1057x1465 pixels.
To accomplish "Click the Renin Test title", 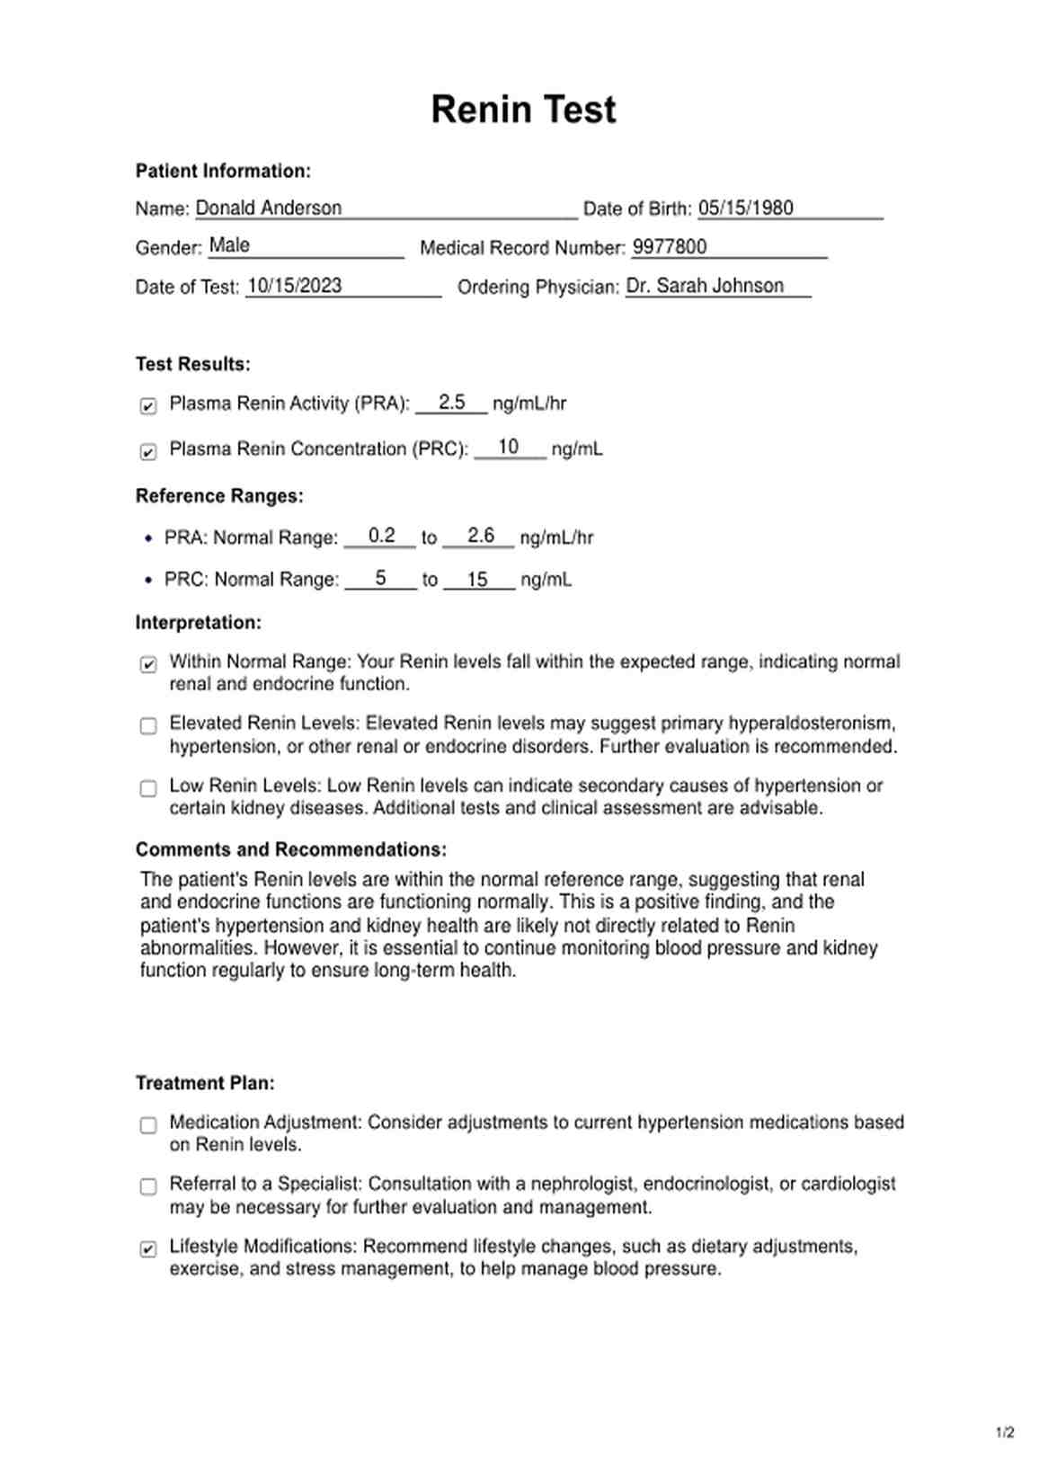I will click(523, 110).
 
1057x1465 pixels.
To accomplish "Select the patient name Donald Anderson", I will click(268, 208).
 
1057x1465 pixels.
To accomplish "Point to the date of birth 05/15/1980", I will click(745, 208).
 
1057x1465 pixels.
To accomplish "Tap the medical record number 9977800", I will click(670, 246).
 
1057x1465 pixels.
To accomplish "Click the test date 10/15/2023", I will click(294, 286).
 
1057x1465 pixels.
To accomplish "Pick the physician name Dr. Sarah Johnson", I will click(705, 286).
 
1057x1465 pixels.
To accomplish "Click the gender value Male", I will click(229, 244).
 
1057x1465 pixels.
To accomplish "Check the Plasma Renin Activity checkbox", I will click(148, 406).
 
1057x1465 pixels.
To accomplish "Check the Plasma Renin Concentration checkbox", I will click(148, 451).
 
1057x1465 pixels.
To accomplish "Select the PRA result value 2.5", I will click(451, 402).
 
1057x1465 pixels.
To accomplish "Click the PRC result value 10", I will click(508, 447).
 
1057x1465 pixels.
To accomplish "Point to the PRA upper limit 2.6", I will click(481, 536).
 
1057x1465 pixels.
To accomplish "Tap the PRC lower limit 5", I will click(381, 578).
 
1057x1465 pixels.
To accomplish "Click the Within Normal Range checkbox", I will click(148, 664).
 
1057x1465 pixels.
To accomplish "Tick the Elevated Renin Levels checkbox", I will click(148, 725).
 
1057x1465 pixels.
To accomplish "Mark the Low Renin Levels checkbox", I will click(148, 788).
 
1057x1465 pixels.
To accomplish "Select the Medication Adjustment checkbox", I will click(148, 1124).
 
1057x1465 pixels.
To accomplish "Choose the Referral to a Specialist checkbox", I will click(148, 1186).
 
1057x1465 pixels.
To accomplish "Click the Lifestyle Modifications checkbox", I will click(148, 1249).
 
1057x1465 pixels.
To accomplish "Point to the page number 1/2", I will click(1005, 1433).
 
